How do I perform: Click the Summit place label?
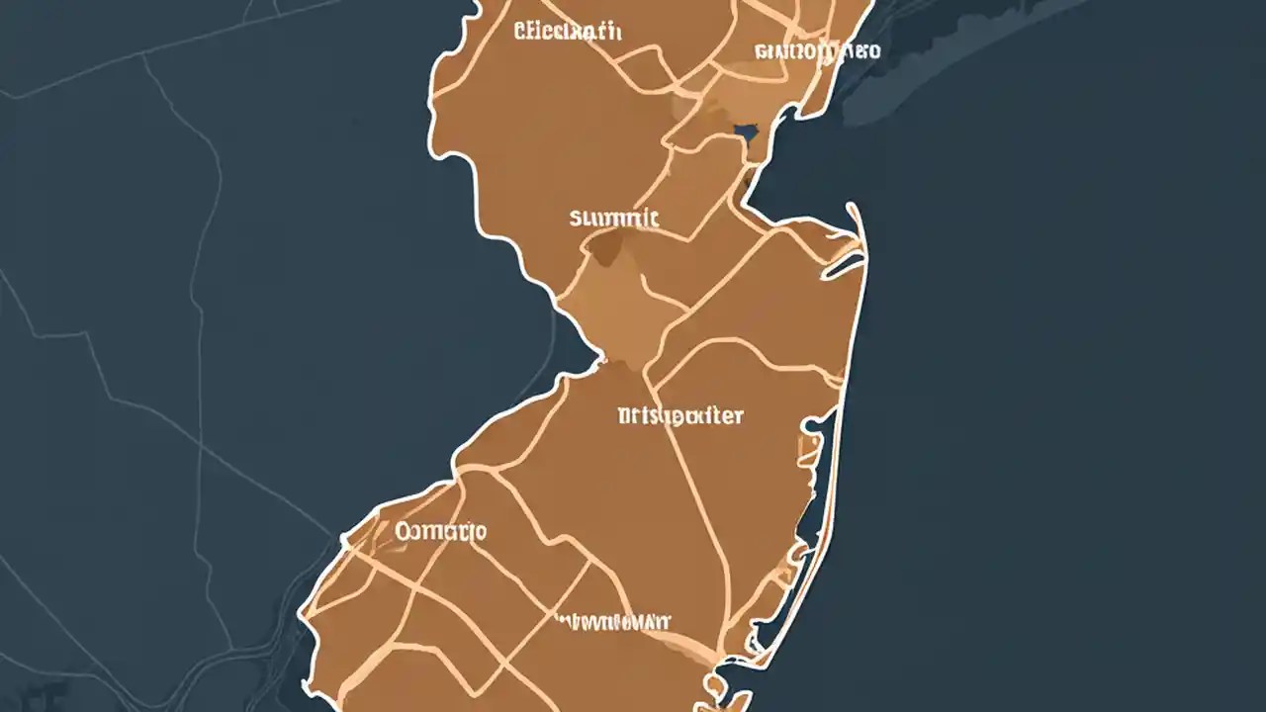pos(614,218)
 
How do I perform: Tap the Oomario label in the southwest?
pos(440,532)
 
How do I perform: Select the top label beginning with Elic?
pos(568,31)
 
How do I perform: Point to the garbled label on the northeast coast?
pos(816,50)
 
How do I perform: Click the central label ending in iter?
pos(679,416)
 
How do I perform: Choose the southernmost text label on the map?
pos(612,622)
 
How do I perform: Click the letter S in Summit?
pos(577,218)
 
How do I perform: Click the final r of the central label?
pos(738,416)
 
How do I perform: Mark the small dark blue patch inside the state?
pos(746,131)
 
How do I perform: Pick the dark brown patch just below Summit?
pos(605,248)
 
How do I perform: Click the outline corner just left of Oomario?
pos(343,540)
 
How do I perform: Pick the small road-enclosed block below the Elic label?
pos(648,67)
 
